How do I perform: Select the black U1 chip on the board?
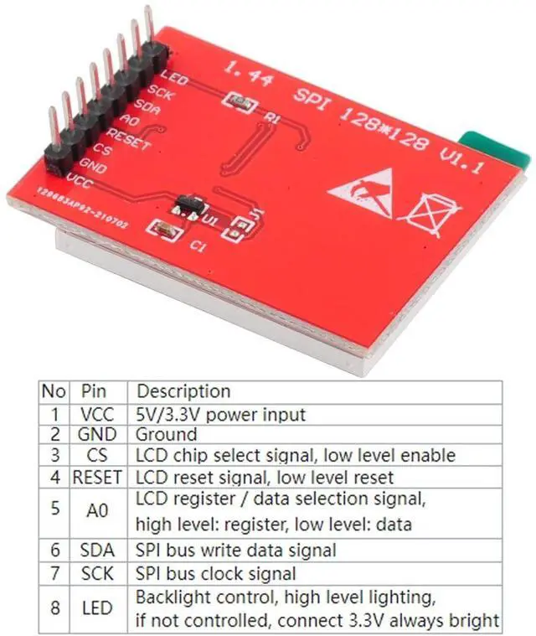(189, 204)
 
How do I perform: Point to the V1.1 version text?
(462, 158)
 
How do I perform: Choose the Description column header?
(183, 391)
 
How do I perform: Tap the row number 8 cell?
(54, 608)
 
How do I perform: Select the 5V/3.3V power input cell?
(219, 413)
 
